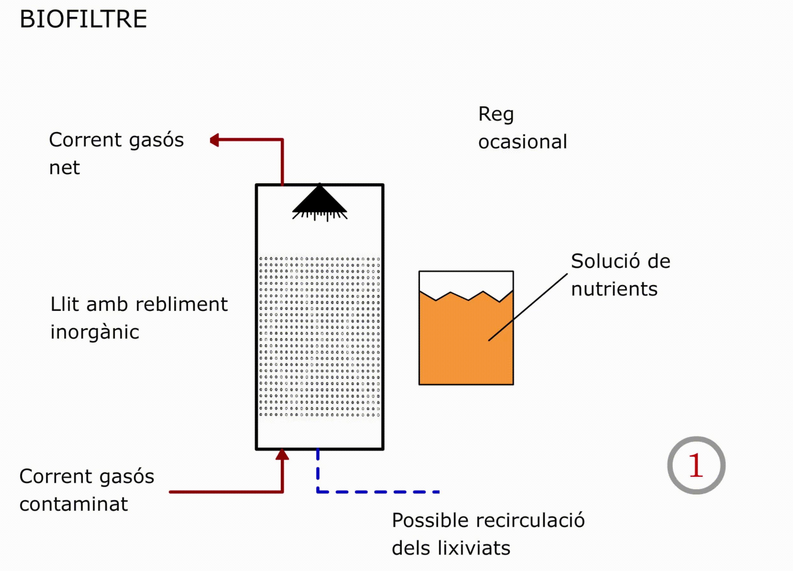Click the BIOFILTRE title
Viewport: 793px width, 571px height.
pos(83,19)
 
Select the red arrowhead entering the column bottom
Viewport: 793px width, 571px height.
pos(282,454)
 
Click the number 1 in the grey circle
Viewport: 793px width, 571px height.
pos(696,466)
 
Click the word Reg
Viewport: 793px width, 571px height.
pos(496,115)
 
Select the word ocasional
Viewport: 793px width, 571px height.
pos(522,141)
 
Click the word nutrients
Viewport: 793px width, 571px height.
pos(614,289)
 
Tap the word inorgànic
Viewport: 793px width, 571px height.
pos(95,332)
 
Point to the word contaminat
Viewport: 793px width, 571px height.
pos(73,504)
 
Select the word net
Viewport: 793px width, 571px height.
pos(64,168)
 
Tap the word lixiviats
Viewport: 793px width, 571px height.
pos(474,548)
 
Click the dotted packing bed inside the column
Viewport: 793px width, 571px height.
pos(320,337)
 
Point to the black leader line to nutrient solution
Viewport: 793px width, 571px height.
pos(527,307)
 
